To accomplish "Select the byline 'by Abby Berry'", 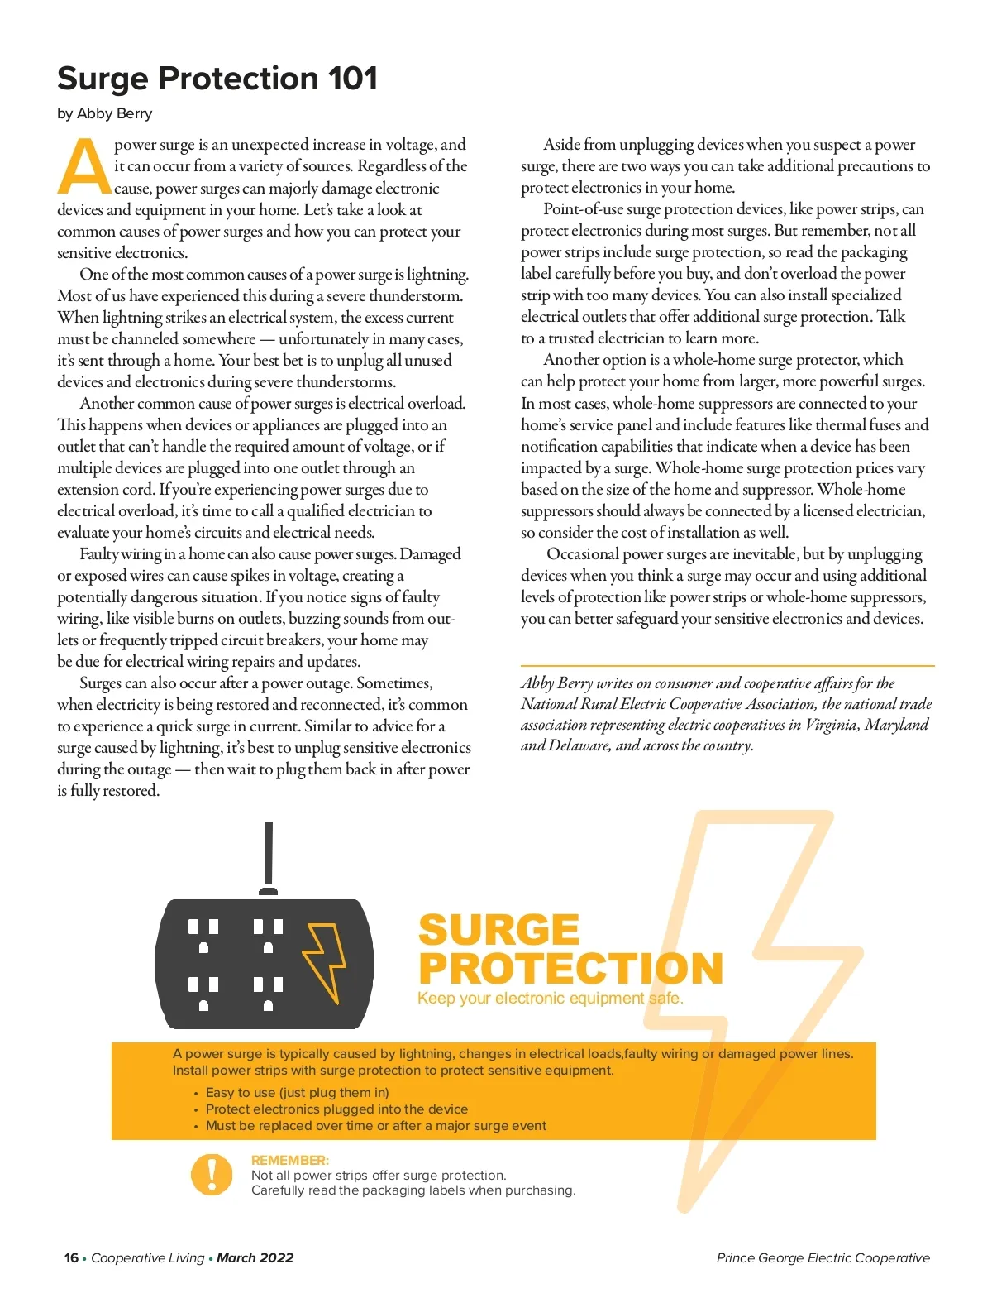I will (105, 114).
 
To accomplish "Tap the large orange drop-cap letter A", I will (83, 166).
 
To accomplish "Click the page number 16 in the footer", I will (71, 1258).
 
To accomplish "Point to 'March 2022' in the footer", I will (255, 1258).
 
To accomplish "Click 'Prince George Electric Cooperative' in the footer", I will (823, 1258).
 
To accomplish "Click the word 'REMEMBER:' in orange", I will (289, 1161).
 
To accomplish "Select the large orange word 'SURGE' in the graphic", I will (498, 930).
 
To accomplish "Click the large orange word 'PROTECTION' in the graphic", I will (570, 969).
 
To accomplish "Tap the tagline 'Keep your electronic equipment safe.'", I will (550, 999).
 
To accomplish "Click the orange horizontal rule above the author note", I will (727, 666).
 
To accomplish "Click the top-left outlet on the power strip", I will (203, 935).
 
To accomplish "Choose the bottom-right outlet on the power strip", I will (268, 993).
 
